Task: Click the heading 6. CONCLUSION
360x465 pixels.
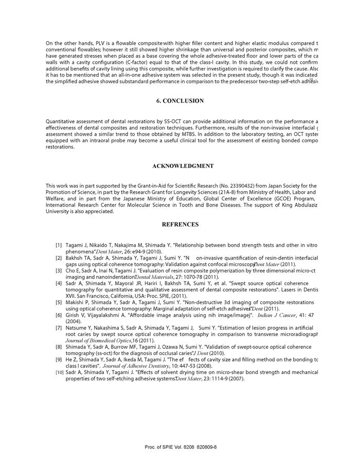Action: click(180, 101)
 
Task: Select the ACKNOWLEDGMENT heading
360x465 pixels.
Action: click(183, 166)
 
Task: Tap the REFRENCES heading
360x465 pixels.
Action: click(180, 225)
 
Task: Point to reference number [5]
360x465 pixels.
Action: click(59, 303)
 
